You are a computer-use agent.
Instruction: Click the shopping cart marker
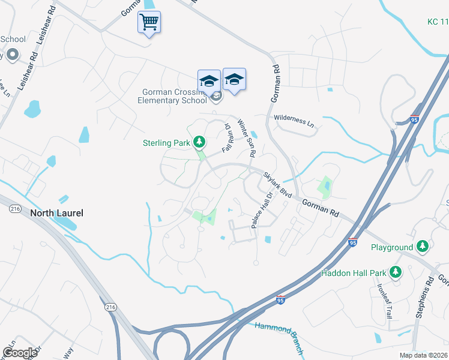[149, 23]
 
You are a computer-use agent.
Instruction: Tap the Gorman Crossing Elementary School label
[174, 96]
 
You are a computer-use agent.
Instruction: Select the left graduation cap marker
[209, 80]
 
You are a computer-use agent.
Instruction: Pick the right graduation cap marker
[234, 79]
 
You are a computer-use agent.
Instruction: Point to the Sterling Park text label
[166, 143]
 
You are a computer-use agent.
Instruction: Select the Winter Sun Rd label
[246, 139]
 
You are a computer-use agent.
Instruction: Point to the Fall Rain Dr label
[228, 138]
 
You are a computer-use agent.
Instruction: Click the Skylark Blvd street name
[277, 184]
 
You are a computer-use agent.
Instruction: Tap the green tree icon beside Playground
[423, 247]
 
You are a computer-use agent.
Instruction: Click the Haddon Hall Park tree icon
[395, 273]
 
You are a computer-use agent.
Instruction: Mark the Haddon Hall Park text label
[354, 273]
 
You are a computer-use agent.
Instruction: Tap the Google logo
[20, 353]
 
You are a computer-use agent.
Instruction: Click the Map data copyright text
[423, 355]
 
